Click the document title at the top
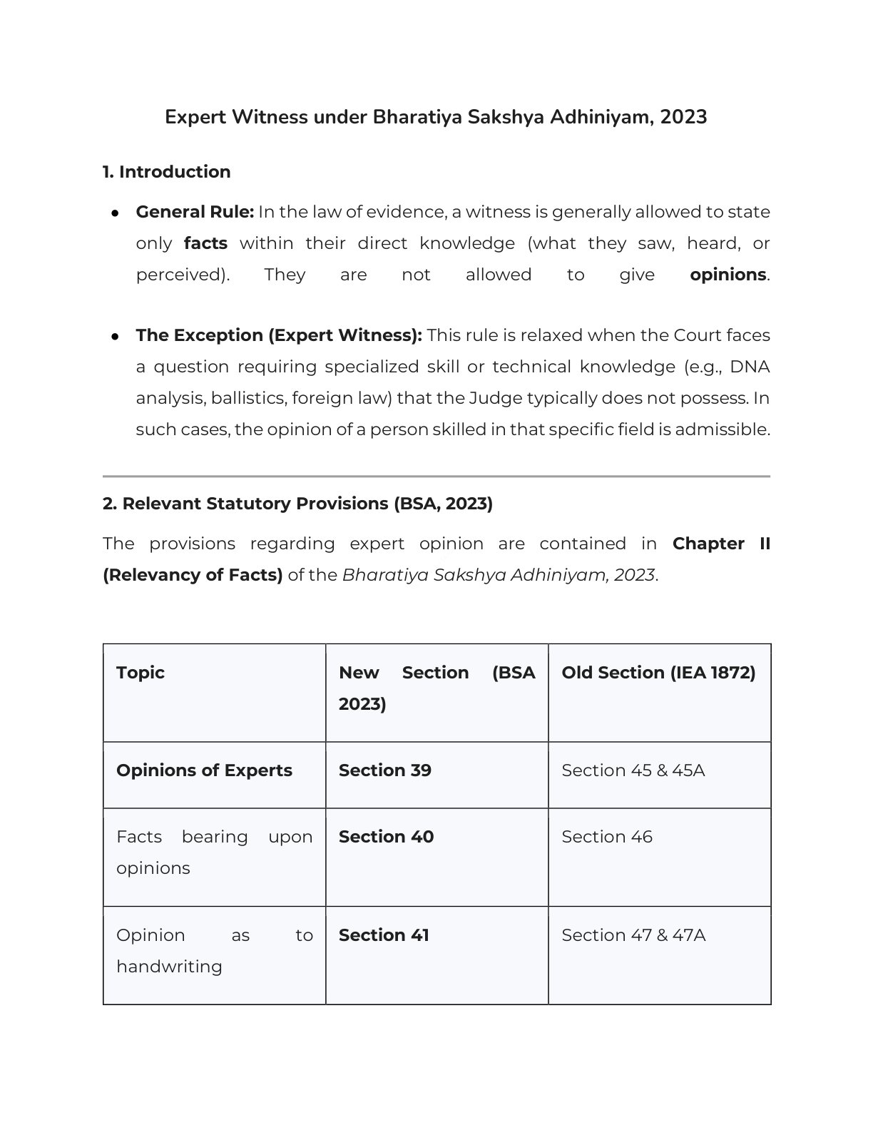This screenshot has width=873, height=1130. point(436,117)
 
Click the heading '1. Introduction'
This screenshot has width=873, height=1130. point(166,172)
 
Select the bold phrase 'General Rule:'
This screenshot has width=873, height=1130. point(195,212)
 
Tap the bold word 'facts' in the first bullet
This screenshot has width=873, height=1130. point(205,243)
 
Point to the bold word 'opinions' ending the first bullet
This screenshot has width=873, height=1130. point(727,275)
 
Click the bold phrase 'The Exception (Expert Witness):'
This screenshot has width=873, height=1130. point(279,335)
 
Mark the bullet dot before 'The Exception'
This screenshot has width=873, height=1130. point(114,336)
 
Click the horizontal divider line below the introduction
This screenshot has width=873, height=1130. point(436,476)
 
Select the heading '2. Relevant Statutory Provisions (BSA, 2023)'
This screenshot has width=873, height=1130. point(297,504)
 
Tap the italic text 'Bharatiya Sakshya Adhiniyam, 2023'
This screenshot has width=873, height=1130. point(498,575)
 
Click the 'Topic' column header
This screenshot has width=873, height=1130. point(141,673)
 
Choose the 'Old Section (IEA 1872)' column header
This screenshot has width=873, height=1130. point(658,673)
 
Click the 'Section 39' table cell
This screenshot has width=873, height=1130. point(385,770)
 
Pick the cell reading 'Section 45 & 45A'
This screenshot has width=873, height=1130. point(633,770)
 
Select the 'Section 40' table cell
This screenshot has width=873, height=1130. point(386,837)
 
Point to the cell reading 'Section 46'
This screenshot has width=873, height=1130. point(606,837)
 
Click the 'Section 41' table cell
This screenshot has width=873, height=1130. point(384,935)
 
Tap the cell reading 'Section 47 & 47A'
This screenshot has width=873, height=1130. point(633,935)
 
